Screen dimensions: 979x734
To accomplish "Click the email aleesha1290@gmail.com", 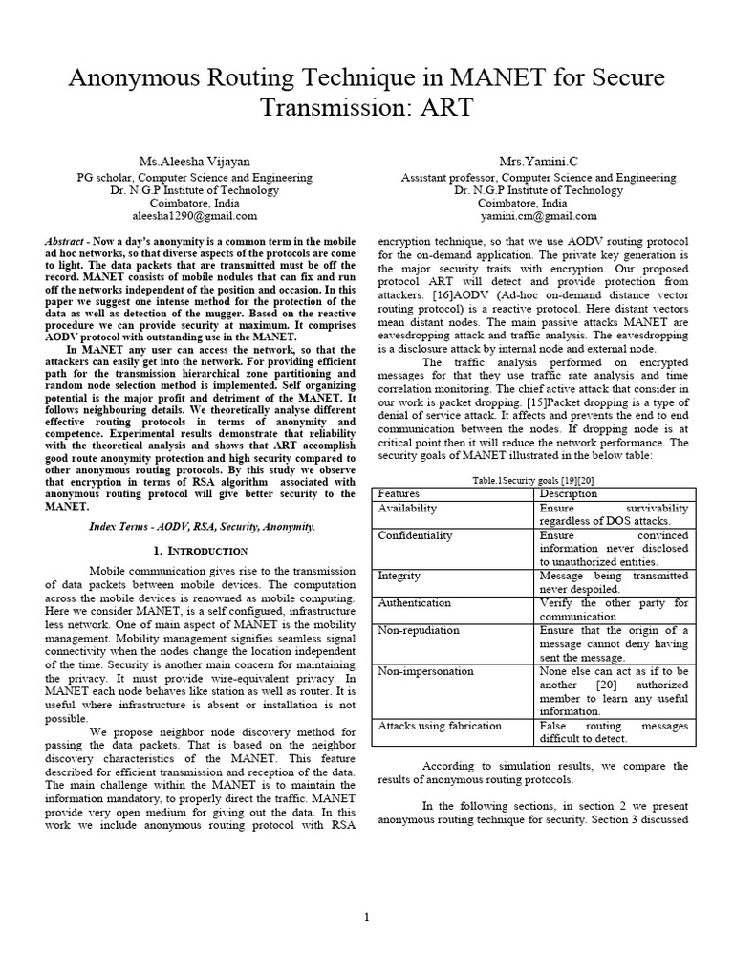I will [193, 217].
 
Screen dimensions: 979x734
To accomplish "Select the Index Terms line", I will [202, 527].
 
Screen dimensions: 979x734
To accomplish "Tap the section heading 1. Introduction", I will [201, 552].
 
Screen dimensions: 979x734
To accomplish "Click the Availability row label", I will [408, 509].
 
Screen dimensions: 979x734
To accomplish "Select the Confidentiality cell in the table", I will [416, 535].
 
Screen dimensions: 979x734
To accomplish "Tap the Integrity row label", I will [399, 577].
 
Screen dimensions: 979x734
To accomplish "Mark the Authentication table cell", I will [415, 603].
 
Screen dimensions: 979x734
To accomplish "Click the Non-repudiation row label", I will [419, 630].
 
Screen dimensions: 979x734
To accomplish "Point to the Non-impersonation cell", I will [425, 671].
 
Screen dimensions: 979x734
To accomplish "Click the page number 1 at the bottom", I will [366, 918].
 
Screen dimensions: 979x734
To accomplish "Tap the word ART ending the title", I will [442, 107].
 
